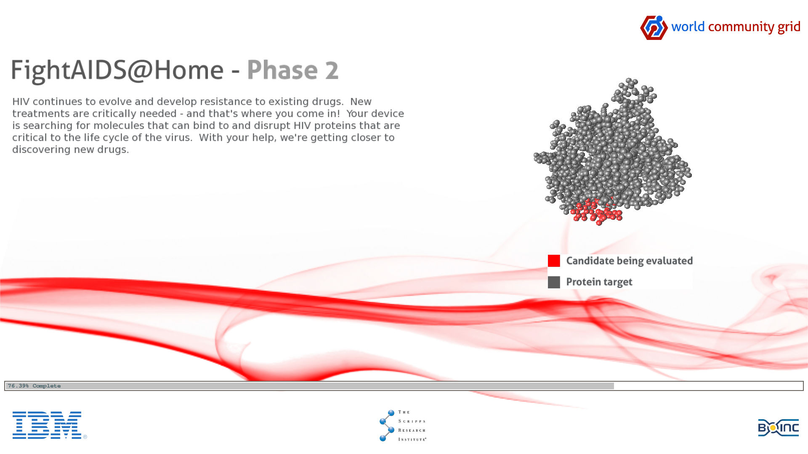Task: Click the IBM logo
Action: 47,425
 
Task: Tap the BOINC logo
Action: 778,428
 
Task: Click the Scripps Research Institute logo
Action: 403,425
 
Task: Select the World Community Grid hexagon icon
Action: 654,28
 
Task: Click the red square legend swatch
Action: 554,261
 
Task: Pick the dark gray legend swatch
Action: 554,282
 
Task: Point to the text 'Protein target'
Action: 599,282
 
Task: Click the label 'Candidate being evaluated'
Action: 629,261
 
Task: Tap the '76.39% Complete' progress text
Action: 34,386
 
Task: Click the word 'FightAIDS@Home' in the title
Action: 117,70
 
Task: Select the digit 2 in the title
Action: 332,71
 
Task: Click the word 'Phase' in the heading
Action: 282,70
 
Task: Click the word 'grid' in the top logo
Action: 789,27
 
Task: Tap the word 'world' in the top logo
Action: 688,26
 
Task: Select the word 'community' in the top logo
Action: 741,27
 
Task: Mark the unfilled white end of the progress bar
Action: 708,386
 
